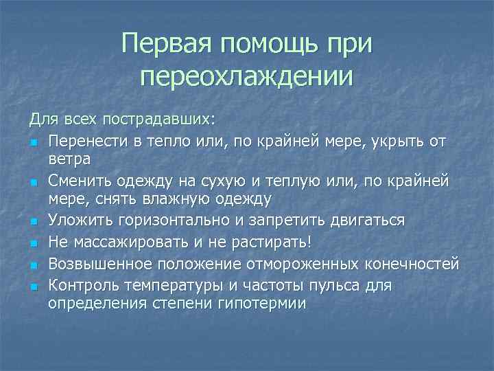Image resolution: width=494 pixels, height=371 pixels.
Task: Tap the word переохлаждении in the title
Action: [247, 76]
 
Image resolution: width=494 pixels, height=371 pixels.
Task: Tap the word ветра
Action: [70, 159]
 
